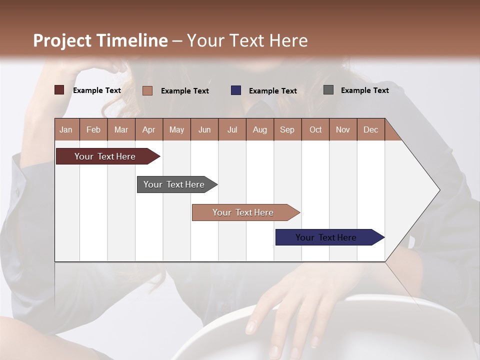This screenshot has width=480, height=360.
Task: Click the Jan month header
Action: (x=66, y=129)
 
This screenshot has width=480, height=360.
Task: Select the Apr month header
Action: (x=149, y=129)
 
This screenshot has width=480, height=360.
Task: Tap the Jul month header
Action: (x=232, y=129)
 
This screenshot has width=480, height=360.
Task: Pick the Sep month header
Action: (x=287, y=129)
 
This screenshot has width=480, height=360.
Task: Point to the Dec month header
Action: (x=370, y=129)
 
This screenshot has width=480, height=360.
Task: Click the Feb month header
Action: (x=93, y=129)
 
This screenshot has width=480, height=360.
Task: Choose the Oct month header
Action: (x=315, y=129)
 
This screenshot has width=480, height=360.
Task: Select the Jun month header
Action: (x=204, y=129)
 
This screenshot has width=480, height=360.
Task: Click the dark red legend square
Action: (x=59, y=90)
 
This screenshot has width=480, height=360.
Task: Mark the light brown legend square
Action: (x=147, y=90)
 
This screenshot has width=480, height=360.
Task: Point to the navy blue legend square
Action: (x=236, y=90)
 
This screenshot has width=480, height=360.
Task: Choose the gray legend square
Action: (x=328, y=90)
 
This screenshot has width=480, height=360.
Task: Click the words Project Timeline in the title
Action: (x=100, y=40)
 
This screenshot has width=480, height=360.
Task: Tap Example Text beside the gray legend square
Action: (x=364, y=90)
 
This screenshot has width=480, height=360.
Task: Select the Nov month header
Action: (x=343, y=129)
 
